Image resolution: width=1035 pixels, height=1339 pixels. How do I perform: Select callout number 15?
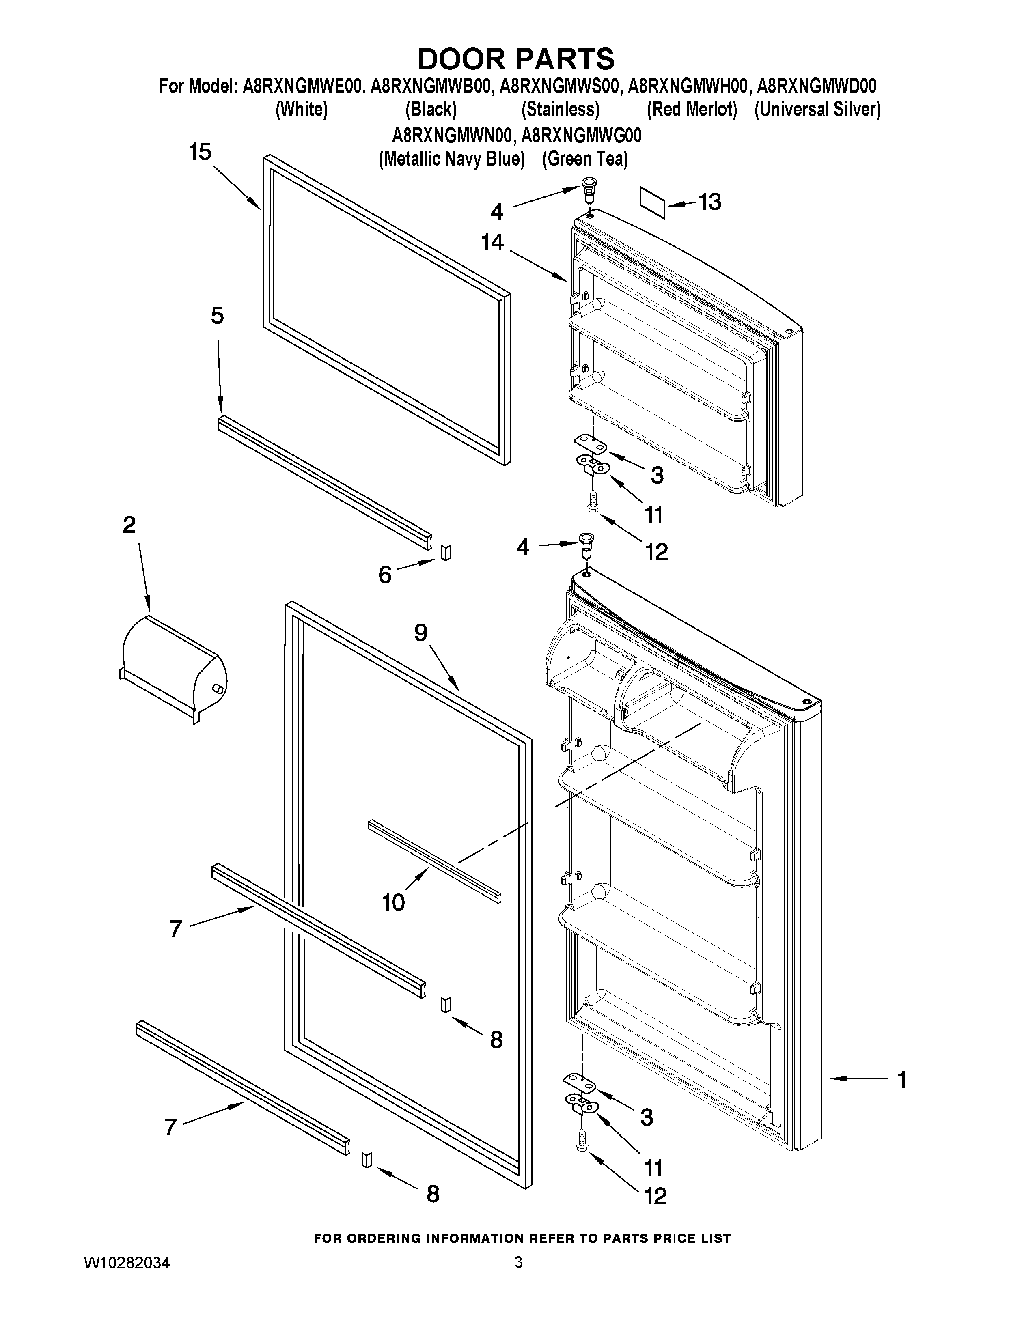[200, 152]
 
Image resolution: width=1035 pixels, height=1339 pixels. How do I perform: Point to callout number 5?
[217, 316]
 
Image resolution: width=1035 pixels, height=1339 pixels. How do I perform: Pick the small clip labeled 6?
[446, 552]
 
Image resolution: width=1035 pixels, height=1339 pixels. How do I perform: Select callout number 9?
[420, 633]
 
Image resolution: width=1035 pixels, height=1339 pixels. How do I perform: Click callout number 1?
[901, 1079]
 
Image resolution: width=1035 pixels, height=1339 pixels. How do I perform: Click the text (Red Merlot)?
[692, 110]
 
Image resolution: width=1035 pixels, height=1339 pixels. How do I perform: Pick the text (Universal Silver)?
[817, 110]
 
